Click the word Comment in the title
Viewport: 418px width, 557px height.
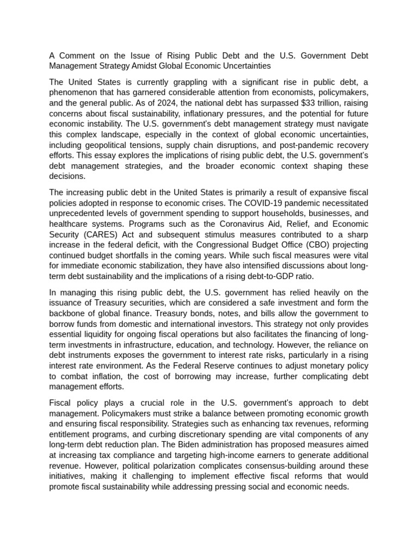[x=77, y=57]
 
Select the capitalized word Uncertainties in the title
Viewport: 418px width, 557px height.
[x=245, y=66]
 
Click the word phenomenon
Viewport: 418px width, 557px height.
[x=76, y=92]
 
